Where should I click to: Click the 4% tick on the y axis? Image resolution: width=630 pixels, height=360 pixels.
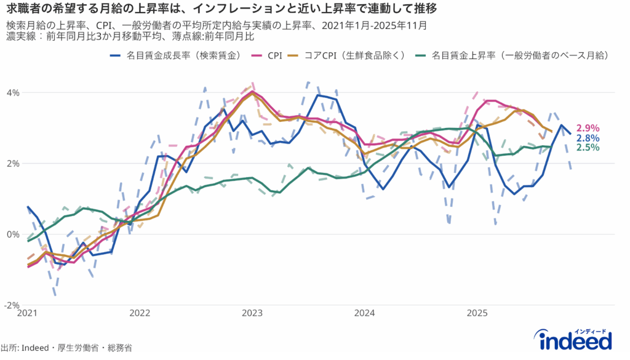click(x=13, y=92)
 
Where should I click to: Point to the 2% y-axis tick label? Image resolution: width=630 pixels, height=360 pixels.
click(x=13, y=164)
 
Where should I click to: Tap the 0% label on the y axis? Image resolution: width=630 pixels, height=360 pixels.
click(x=13, y=234)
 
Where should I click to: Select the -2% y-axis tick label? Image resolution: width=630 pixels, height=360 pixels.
click(x=12, y=305)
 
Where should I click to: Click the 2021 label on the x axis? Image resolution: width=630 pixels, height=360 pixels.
click(x=27, y=313)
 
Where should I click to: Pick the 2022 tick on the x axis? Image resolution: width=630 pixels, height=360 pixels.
click(x=140, y=313)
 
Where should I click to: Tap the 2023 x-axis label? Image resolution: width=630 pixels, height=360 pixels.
click(x=252, y=313)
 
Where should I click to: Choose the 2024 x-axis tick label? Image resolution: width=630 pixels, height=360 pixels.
click(x=364, y=313)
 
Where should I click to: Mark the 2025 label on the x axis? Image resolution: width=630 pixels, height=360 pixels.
click(x=477, y=313)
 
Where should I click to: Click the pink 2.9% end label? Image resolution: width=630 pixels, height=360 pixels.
click(x=588, y=128)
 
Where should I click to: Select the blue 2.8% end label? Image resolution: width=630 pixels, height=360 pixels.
click(x=588, y=138)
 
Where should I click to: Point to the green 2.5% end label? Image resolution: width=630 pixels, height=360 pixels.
click(x=588, y=147)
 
